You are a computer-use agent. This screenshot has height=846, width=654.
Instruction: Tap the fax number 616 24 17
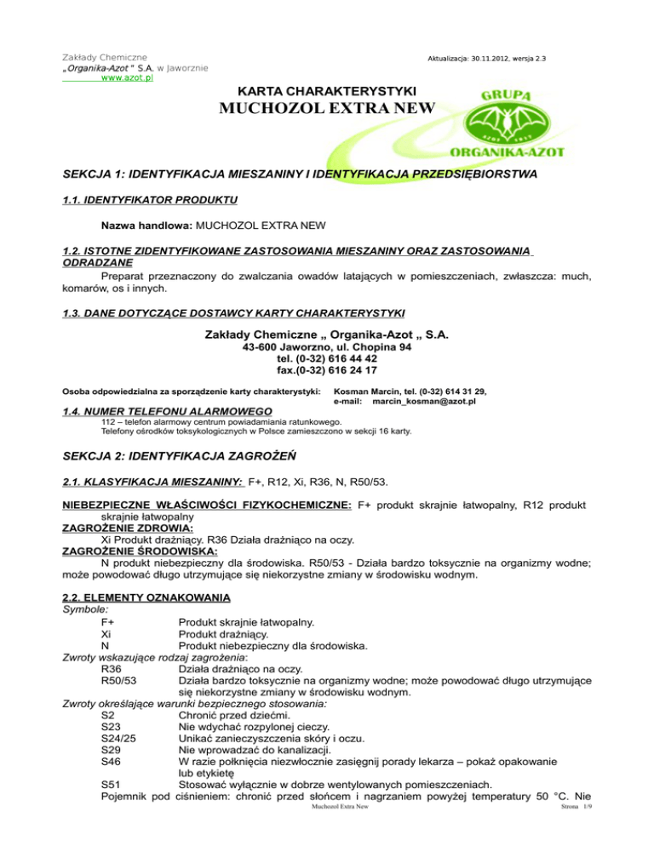click(343, 370)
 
